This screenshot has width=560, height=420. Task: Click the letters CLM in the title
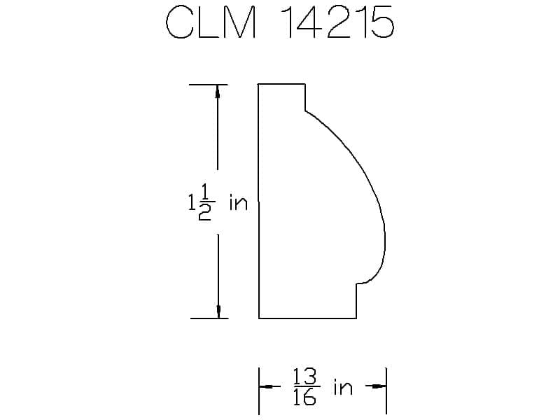coord(211,22)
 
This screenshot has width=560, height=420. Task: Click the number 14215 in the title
coord(337,22)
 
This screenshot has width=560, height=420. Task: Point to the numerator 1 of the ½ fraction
coord(205,192)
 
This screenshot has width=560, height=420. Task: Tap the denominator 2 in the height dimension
coord(204,212)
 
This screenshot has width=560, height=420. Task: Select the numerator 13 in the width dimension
coord(304,377)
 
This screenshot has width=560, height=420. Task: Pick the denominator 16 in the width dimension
coord(304,397)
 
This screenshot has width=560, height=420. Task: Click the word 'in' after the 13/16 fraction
coord(343,387)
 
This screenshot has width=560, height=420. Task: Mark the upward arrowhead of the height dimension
coord(218,91)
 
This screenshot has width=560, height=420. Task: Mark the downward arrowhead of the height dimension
coord(218,311)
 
